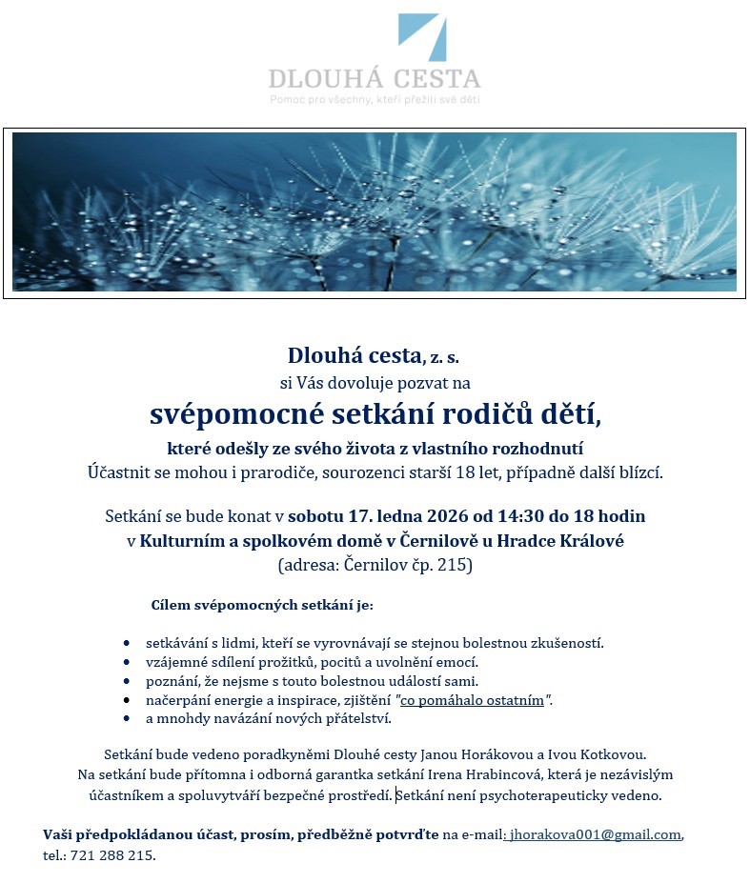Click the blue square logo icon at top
click(x=420, y=37)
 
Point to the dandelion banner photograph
click(x=375, y=211)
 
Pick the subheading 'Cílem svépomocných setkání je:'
click(x=262, y=605)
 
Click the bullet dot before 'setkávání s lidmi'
click(x=127, y=644)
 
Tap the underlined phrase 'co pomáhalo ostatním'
click(x=472, y=701)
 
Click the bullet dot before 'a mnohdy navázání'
click(x=127, y=719)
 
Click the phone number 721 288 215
click(x=111, y=855)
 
